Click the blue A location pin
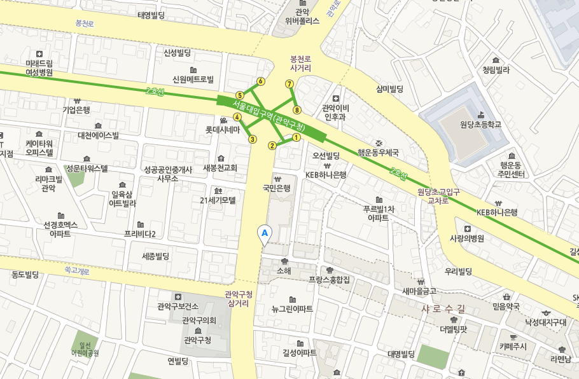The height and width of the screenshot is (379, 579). (265, 234)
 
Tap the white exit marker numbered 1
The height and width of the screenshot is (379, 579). (296, 137)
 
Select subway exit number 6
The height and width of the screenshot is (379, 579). (260, 81)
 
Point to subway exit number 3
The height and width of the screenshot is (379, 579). (253, 139)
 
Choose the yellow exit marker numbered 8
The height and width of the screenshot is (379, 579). (296, 110)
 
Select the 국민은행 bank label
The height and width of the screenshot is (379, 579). (277, 188)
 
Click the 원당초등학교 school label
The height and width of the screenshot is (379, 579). (480, 124)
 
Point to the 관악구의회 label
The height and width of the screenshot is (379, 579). (199, 320)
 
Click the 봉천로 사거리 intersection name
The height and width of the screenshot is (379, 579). (300, 62)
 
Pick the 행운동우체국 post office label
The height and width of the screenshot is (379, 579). (378, 153)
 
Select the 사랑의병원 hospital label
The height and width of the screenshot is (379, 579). (467, 238)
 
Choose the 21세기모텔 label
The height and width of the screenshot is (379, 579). (218, 200)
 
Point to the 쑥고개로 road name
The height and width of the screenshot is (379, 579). (77, 270)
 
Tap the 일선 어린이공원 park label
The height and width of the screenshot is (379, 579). (85, 348)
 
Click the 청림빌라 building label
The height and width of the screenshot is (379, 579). (496, 70)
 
